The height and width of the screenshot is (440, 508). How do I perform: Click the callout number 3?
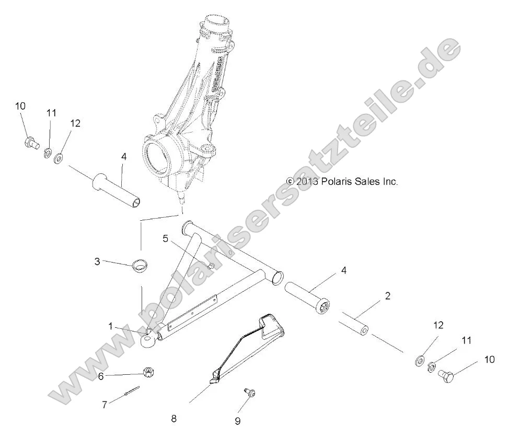click(x=97, y=261)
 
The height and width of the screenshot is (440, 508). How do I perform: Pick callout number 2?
click(x=387, y=296)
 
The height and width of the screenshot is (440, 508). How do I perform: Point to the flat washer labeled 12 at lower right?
click(x=419, y=361)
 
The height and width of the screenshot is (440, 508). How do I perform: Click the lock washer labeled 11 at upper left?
click(x=47, y=152)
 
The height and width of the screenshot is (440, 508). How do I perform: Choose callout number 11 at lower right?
click(x=466, y=340)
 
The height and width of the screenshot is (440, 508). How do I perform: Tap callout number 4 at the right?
click(x=343, y=270)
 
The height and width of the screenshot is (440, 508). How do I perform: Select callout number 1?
click(x=110, y=326)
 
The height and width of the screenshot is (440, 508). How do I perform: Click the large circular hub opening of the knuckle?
click(x=162, y=155)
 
